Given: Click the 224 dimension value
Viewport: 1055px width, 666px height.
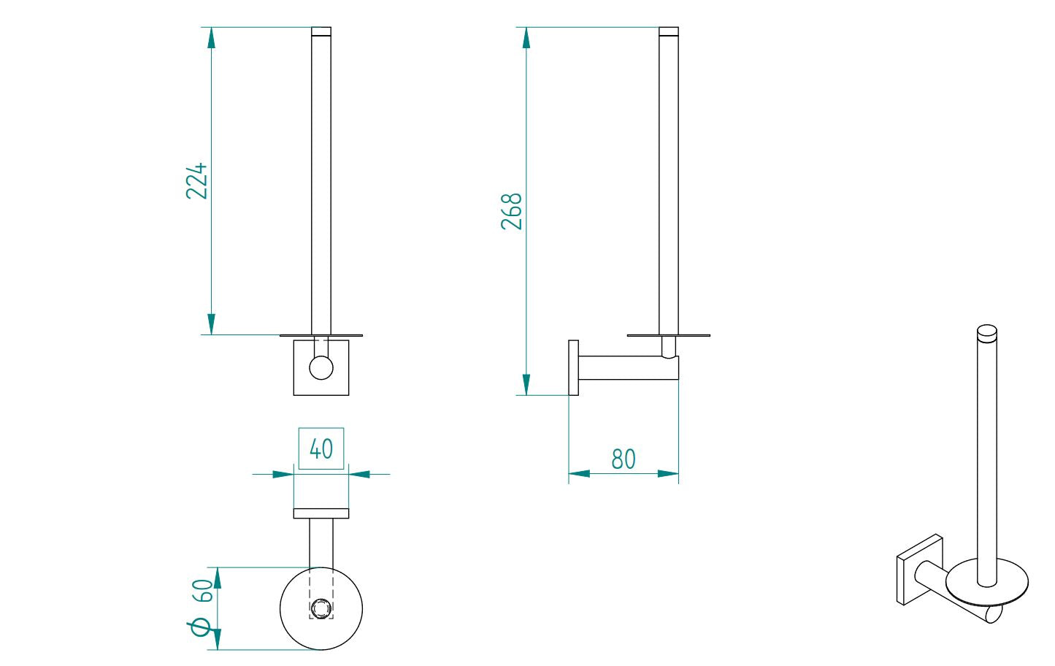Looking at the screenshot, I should pyautogui.click(x=196, y=181).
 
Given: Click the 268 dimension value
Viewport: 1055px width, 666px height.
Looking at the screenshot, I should pyautogui.click(x=512, y=212).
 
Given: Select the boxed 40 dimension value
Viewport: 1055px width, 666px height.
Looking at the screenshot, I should pyautogui.click(x=321, y=448).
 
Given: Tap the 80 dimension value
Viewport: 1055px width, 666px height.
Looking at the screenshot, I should pyautogui.click(x=623, y=459).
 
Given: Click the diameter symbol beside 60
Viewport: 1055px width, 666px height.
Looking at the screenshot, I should pyautogui.click(x=201, y=627).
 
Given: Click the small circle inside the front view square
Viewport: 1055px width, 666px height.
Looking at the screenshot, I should pyautogui.click(x=321, y=367).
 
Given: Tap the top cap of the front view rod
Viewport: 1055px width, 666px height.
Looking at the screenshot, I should pyautogui.click(x=321, y=31).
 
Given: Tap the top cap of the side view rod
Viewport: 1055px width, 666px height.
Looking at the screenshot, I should pyautogui.click(x=668, y=31).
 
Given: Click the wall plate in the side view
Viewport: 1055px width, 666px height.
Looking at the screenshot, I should pyautogui.click(x=573, y=367).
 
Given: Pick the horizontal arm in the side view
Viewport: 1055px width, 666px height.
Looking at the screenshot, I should pyautogui.click(x=621, y=367).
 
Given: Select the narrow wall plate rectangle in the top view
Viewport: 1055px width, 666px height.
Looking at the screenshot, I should pyautogui.click(x=321, y=513).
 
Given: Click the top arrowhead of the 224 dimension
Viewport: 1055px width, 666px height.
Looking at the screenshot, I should pyautogui.click(x=211, y=38).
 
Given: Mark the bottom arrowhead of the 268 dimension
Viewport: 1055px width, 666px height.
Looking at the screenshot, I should pyautogui.click(x=526, y=384).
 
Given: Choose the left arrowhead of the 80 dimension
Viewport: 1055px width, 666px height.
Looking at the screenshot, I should pyautogui.click(x=579, y=473).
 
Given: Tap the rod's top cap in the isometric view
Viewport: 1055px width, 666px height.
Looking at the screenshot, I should pyautogui.click(x=986, y=332).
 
